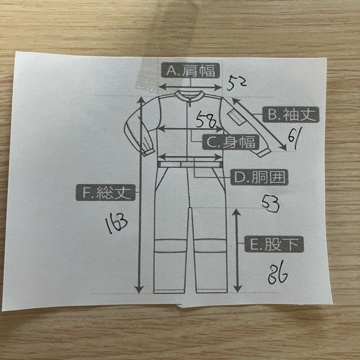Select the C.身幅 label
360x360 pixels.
click(x=229, y=143)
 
